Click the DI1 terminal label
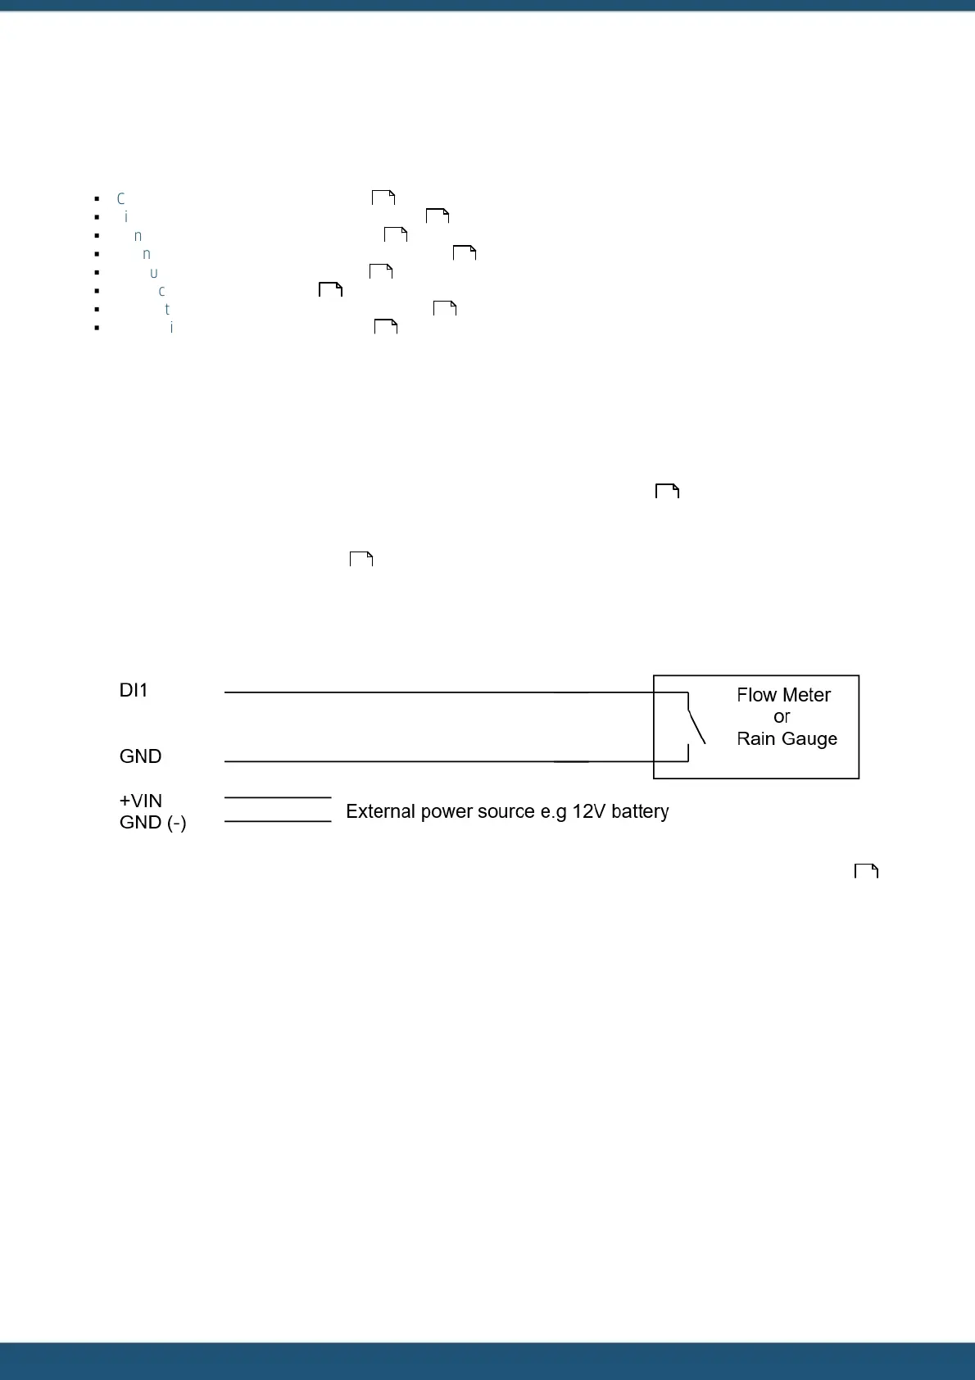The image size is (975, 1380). [x=134, y=691]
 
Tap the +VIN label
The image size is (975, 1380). [x=141, y=801]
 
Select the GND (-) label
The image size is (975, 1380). [x=152, y=823]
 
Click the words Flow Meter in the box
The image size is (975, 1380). [x=783, y=695]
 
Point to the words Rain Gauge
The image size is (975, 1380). [x=787, y=739]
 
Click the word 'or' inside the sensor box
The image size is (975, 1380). [x=782, y=717]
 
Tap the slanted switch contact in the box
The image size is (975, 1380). [x=696, y=726]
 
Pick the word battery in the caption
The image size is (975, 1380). [x=640, y=811]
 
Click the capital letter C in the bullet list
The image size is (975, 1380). [x=120, y=199]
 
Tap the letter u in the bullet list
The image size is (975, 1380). [x=153, y=273]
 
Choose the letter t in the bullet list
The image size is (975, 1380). [x=167, y=310]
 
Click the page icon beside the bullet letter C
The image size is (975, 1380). [x=383, y=197]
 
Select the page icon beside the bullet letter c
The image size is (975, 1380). [x=330, y=289]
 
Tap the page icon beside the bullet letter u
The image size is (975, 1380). [x=381, y=271]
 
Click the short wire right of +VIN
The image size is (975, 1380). [x=277, y=797]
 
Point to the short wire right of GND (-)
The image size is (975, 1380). [x=277, y=821]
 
